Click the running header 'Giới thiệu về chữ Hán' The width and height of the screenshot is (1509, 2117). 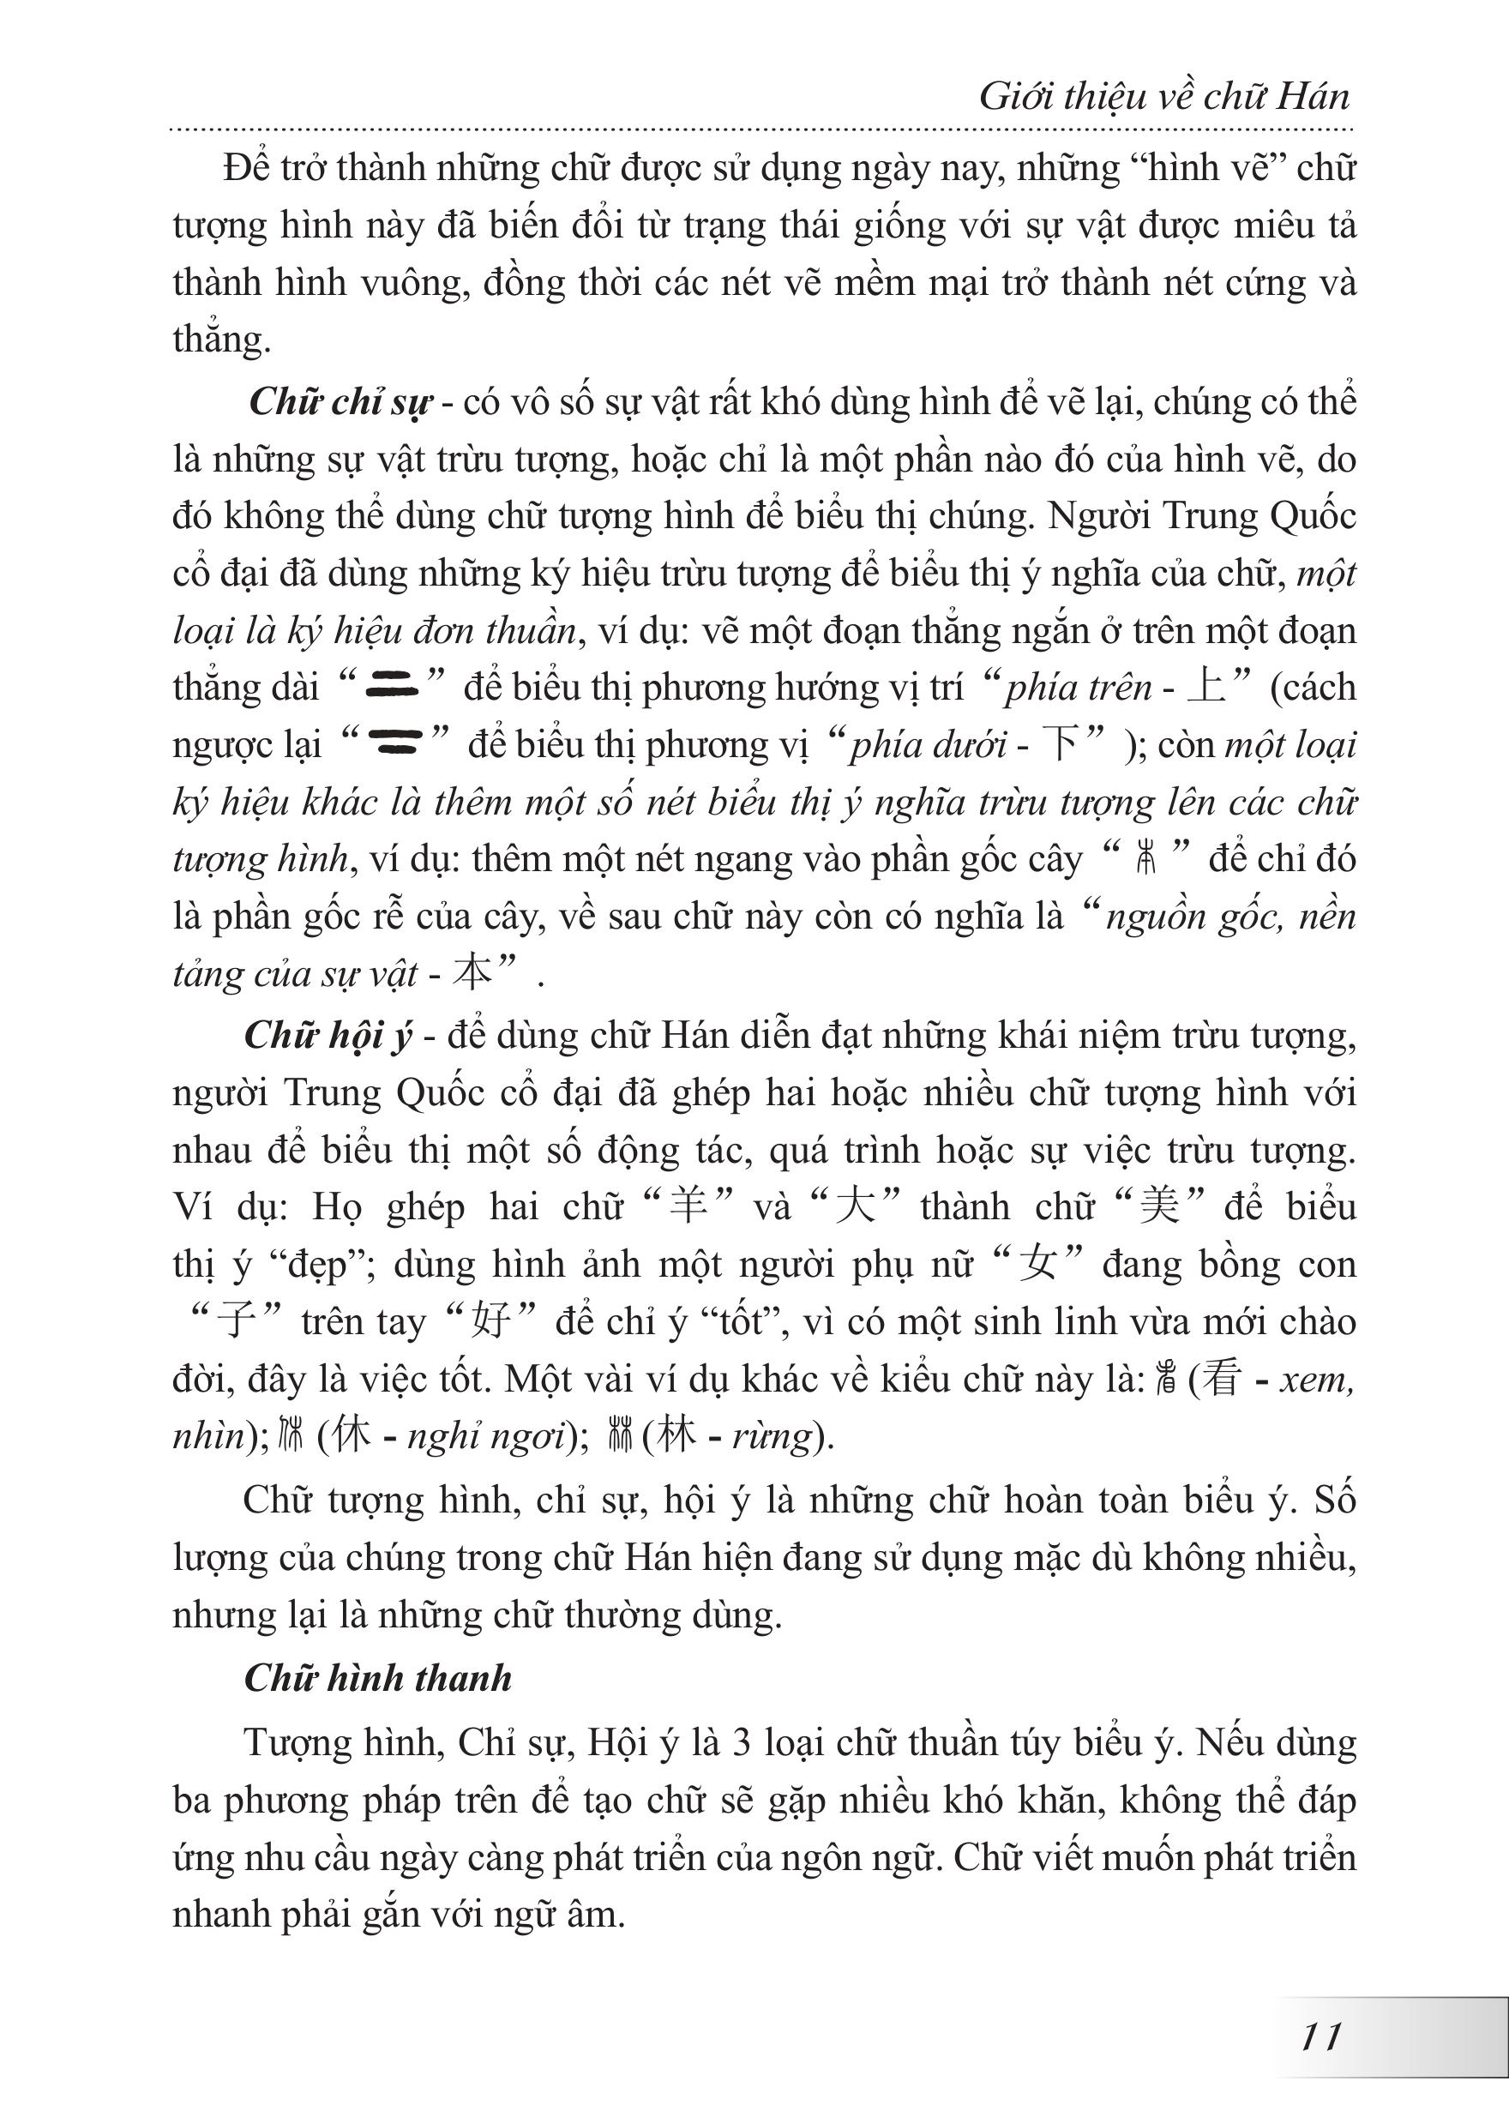coord(1163,97)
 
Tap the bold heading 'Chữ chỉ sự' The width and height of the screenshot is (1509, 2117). coord(341,402)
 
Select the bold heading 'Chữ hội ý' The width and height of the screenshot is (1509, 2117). coord(327,1036)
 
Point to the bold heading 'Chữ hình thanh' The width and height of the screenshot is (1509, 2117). coord(377,1677)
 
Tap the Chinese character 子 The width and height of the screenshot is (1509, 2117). coord(235,1321)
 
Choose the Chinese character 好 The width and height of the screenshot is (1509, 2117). coord(490,1321)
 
